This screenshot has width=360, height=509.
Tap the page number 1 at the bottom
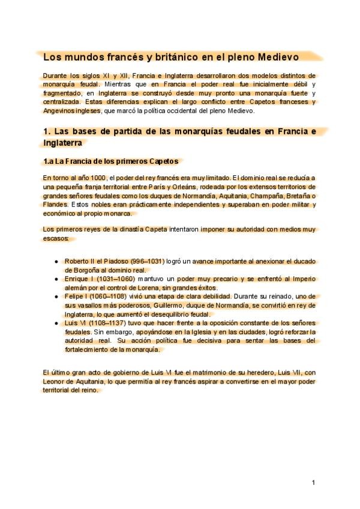click(313, 482)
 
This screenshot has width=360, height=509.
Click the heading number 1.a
click(49, 161)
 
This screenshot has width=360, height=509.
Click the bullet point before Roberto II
click(56, 262)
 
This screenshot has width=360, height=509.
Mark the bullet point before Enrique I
click(56, 279)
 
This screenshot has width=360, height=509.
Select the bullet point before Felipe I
click(56, 297)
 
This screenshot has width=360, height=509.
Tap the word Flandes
click(55, 205)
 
